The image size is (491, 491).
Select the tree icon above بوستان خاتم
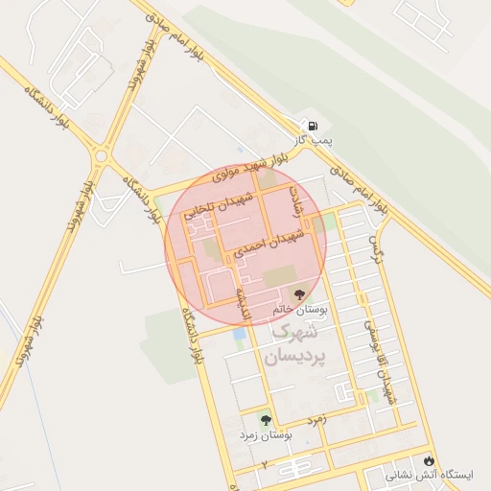point(301,294)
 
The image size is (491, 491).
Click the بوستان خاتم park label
point(300,311)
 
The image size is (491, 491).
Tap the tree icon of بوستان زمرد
point(266,419)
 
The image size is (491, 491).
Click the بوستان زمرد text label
point(266,435)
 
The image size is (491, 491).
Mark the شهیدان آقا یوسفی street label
point(377,359)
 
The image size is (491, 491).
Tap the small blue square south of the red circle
point(238,334)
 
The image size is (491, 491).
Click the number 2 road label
point(263,464)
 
